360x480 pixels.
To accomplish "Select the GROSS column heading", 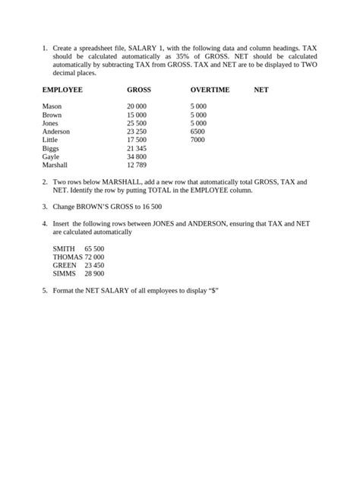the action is point(139,90).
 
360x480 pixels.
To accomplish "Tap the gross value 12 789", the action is point(137,165).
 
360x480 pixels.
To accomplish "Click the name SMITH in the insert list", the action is point(64,248).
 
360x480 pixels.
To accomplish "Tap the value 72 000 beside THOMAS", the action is point(94,257).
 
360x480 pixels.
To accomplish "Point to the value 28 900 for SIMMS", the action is point(94,273).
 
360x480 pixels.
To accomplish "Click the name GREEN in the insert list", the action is point(65,265).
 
